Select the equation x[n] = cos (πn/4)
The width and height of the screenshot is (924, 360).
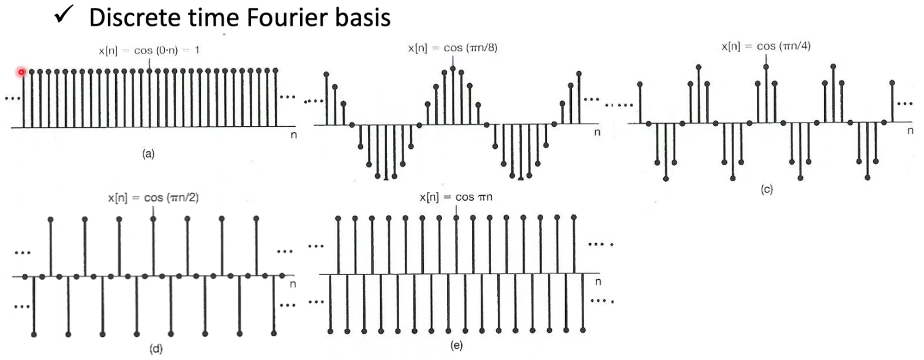tap(766, 46)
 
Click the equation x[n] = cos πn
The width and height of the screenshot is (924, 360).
tap(456, 197)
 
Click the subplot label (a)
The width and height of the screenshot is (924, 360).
tap(148, 156)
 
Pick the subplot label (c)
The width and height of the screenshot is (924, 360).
tap(767, 190)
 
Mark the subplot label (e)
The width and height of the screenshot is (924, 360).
tap(456, 346)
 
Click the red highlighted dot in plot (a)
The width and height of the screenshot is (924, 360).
tap(21, 72)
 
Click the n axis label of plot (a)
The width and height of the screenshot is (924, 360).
tap(294, 135)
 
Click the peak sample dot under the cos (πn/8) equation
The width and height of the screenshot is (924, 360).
tap(453, 69)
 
